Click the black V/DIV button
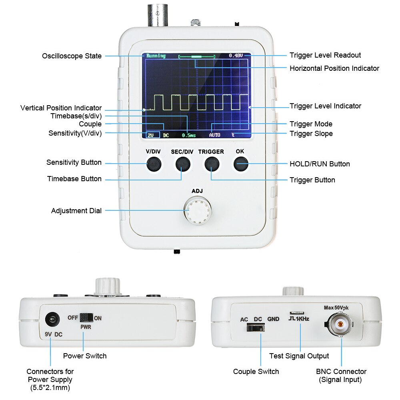coord(153,164)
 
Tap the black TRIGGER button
coord(212,164)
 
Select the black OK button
coord(240,164)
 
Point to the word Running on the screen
coord(156,56)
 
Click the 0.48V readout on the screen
coord(236,56)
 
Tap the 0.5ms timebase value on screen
coord(189,135)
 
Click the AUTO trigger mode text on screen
coord(214,135)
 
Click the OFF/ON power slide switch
coord(86,318)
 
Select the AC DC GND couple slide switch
coord(255,328)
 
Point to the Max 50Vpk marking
coord(341,308)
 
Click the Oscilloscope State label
coord(72,56)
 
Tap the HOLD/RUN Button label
coord(320,164)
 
